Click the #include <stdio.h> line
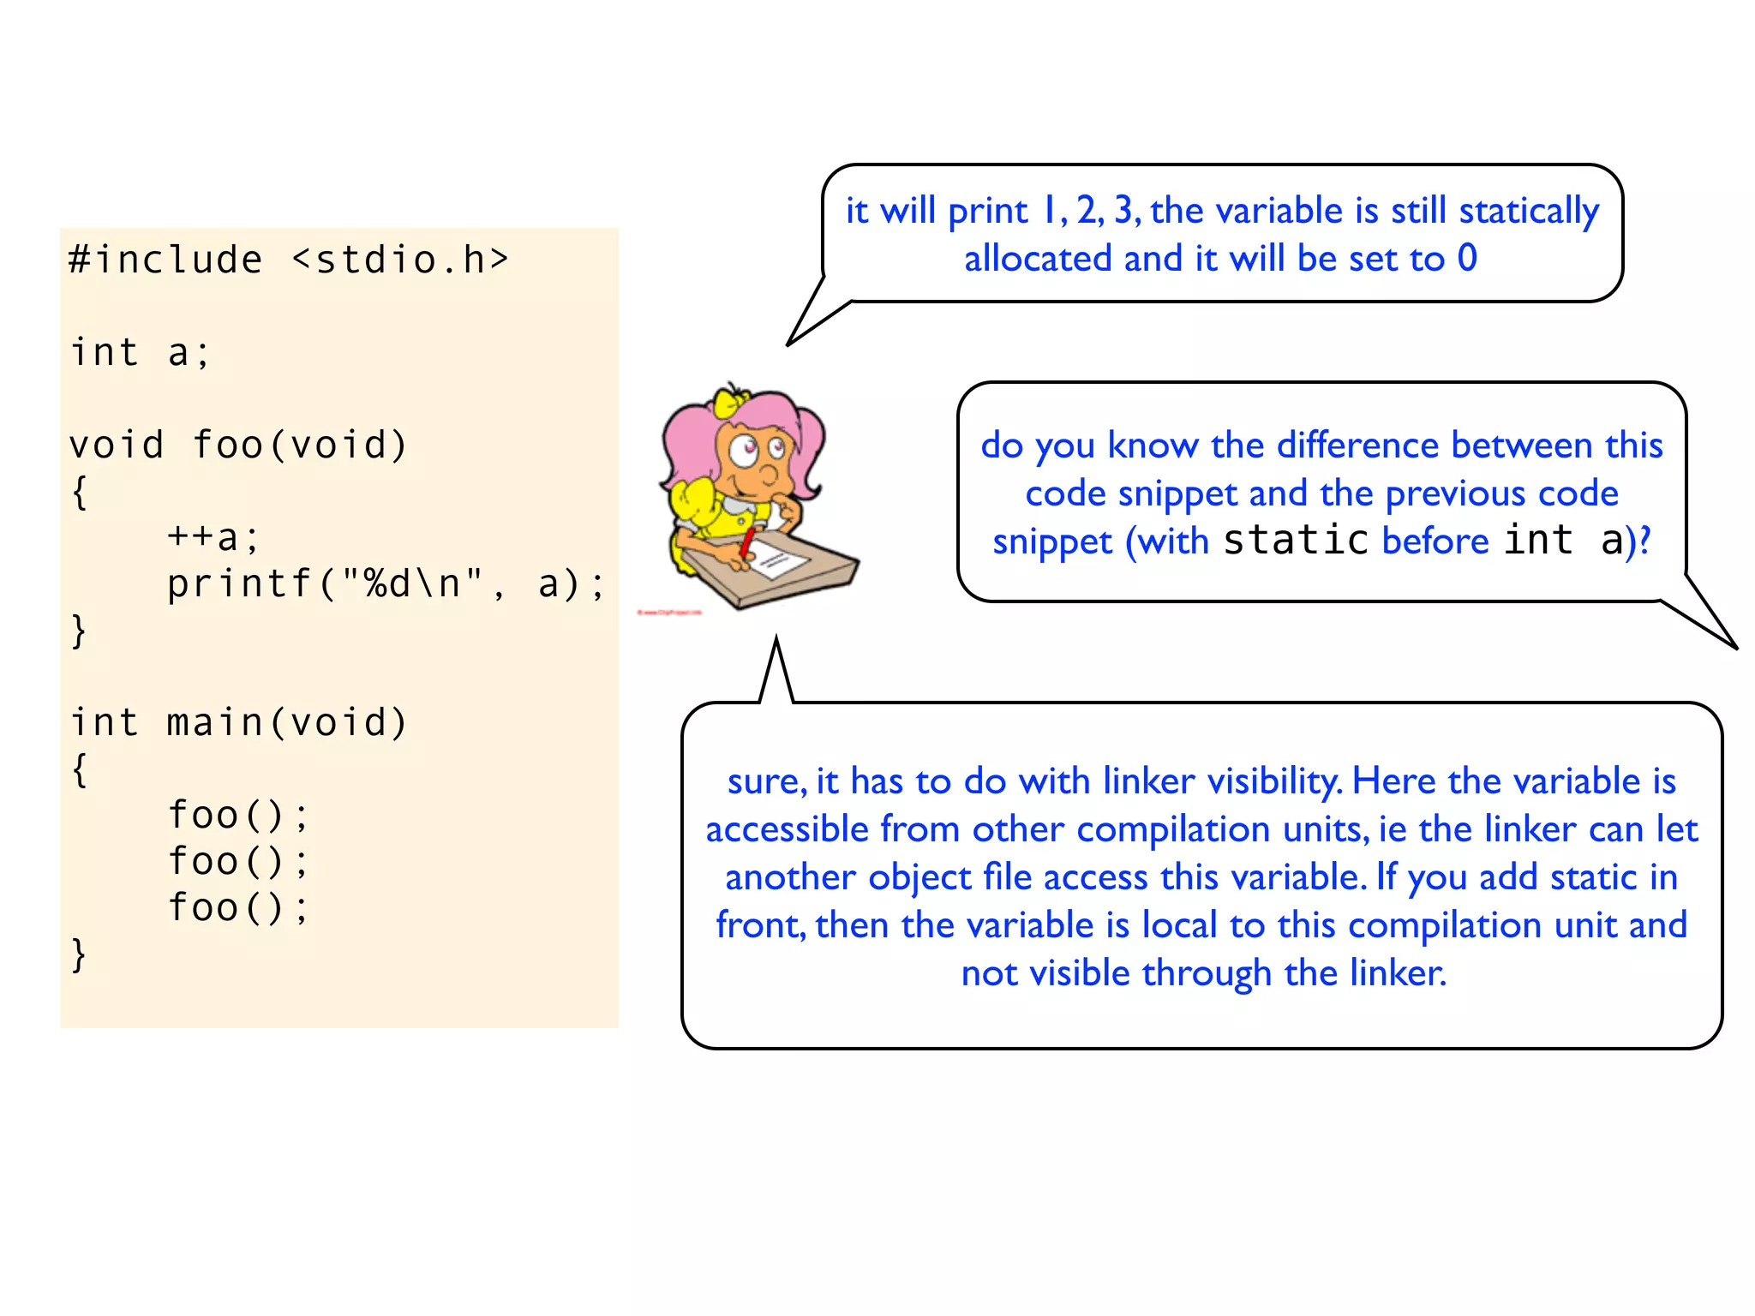[289, 260]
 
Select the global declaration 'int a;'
[140, 352]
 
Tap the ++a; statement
[213, 537]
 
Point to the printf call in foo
[386, 583]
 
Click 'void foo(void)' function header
[237, 445]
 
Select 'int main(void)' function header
[237, 722]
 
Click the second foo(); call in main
[237, 861]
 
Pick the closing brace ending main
[79, 954]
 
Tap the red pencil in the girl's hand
[747, 542]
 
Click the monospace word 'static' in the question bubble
[1295, 541]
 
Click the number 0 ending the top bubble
[1467, 258]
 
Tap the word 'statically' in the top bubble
[1529, 211]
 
